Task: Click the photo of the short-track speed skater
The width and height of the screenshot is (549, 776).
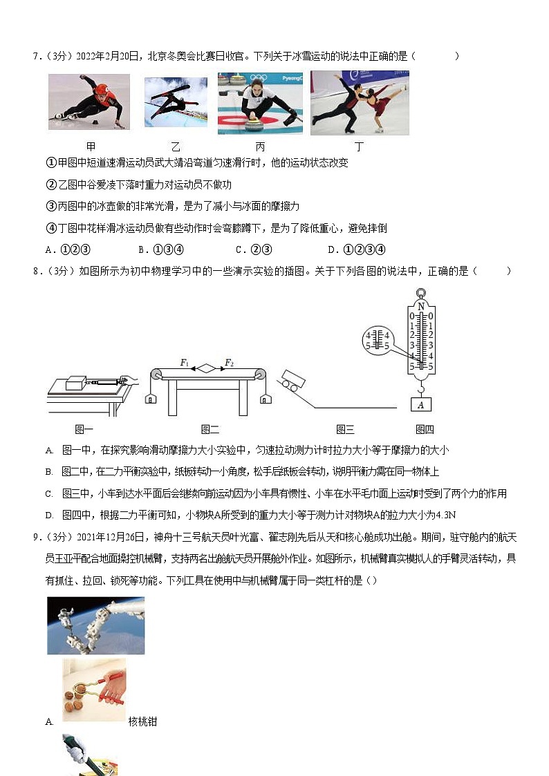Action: coord(89,102)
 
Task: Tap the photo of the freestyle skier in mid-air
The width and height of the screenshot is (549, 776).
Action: coord(175,102)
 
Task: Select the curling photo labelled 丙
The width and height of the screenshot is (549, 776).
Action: coord(260,103)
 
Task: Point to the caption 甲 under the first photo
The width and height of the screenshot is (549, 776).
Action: coord(91,146)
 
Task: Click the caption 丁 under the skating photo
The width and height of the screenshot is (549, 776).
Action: coord(359,146)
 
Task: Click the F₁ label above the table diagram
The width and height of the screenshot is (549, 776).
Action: coord(185,362)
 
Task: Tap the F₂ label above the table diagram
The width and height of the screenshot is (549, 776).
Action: coord(229,362)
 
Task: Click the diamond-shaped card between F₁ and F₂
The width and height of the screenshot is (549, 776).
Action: coord(207,369)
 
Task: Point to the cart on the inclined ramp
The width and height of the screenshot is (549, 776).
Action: coord(293,382)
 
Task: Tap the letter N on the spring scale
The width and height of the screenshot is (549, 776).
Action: coord(420,305)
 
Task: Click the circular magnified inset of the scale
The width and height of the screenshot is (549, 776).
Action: coord(378,339)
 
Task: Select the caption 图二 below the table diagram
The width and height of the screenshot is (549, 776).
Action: coord(210,429)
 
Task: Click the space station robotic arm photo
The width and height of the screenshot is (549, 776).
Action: coord(96,625)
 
